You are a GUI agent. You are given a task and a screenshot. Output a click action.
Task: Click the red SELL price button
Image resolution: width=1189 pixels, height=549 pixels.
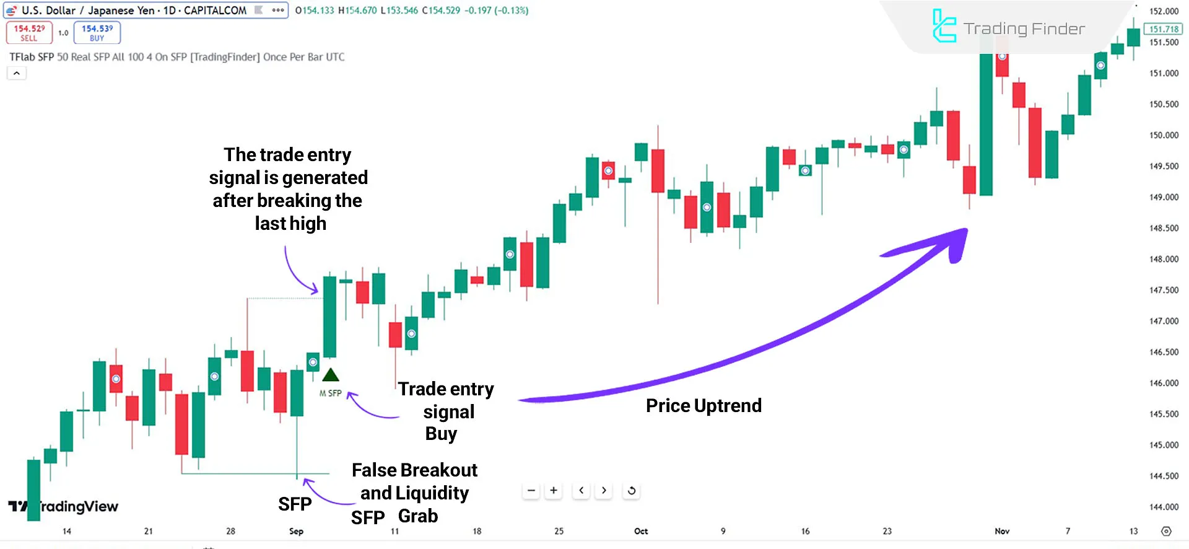click(29, 33)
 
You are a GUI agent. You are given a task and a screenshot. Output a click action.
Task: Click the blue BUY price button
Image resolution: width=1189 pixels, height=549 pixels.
click(97, 33)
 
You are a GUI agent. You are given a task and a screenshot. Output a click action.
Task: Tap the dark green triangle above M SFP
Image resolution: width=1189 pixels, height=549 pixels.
click(331, 375)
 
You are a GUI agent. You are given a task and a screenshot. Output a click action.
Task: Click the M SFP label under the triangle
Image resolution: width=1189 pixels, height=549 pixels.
click(331, 393)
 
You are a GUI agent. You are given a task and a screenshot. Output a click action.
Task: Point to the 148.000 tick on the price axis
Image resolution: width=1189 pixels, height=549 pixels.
click(1164, 259)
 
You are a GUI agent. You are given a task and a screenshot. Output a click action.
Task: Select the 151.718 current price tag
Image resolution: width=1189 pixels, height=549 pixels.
click(1164, 29)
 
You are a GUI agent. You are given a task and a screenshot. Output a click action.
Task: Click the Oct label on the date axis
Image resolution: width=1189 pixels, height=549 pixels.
click(641, 531)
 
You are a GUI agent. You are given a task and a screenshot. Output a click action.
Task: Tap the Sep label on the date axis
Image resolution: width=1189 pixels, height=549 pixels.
click(296, 531)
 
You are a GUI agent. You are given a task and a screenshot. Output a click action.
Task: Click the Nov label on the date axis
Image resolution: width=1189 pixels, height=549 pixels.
click(1002, 531)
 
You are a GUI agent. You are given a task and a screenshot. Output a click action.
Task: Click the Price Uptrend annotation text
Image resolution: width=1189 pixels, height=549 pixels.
click(703, 406)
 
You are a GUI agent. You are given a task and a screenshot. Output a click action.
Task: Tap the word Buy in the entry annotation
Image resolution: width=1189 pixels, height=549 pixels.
click(441, 434)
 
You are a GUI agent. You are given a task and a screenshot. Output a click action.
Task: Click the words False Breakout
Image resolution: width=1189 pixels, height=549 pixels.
click(414, 470)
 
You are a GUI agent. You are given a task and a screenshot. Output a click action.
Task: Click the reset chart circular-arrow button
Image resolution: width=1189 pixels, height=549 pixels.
click(632, 491)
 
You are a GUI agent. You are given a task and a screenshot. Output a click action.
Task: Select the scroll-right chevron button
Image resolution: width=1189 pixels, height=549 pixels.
click(604, 491)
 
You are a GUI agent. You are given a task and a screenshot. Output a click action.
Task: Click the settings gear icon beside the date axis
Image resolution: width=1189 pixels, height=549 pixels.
click(1166, 531)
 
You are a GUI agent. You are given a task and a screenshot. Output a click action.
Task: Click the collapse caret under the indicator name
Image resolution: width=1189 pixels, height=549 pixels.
click(17, 73)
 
